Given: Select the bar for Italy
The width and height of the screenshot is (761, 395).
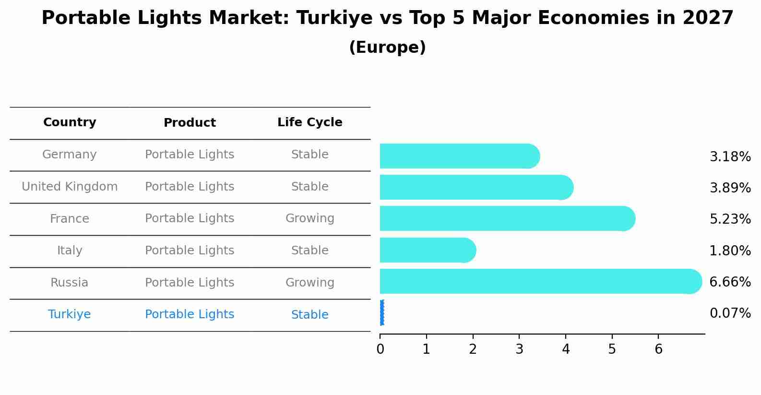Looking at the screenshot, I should (x=427, y=250).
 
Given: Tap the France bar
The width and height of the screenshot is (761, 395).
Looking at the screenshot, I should (x=507, y=218).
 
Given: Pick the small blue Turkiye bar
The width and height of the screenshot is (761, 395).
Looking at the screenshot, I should (x=382, y=312).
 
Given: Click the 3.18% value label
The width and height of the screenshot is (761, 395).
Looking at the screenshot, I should (x=730, y=157).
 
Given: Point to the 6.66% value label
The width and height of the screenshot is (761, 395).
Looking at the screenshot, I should (x=730, y=282).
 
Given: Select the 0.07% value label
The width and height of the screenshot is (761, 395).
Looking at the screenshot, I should (x=730, y=313).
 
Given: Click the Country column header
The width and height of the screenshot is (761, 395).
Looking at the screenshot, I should (x=70, y=122).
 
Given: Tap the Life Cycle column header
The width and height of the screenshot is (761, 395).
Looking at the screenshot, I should (x=309, y=122).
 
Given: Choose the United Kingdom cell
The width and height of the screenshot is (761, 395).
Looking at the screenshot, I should (x=70, y=187).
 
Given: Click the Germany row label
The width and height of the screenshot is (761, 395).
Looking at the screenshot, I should (x=70, y=155).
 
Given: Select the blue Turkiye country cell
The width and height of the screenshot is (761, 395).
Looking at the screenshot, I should (x=70, y=314).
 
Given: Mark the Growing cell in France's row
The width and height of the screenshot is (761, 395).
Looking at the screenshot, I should (x=309, y=218).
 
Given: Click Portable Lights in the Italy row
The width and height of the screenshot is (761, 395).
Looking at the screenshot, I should (x=190, y=251).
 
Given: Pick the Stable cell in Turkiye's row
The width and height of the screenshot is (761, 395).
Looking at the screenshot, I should (x=309, y=315).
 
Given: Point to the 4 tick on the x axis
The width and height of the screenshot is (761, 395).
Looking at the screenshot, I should (x=566, y=349).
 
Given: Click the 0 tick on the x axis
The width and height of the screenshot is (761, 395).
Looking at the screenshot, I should (x=380, y=349).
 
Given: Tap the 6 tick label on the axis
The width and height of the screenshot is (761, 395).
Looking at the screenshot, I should (x=658, y=349).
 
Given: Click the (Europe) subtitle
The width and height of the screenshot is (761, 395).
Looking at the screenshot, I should (x=387, y=48).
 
